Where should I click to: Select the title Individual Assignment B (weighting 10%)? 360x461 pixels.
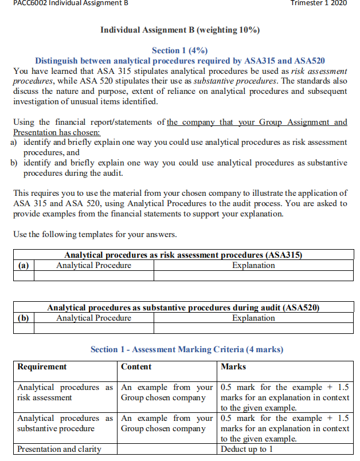(180, 29)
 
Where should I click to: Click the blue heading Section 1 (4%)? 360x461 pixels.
(179, 51)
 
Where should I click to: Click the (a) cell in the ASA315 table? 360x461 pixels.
(24, 265)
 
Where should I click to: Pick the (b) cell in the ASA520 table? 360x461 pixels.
(24, 318)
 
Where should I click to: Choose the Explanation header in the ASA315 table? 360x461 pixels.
(253, 265)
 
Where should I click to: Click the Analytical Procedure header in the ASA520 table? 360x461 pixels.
(93, 318)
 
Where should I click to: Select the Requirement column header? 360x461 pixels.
(42, 367)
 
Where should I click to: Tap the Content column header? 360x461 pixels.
(136, 367)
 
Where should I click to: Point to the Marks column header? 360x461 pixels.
(233, 367)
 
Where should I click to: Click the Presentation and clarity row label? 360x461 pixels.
(59, 449)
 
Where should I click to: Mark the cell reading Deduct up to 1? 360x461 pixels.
(244, 449)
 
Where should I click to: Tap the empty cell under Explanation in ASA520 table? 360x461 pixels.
(253, 328)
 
